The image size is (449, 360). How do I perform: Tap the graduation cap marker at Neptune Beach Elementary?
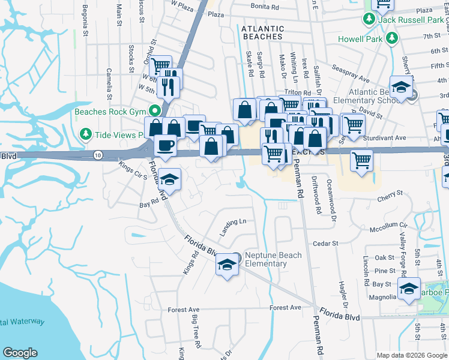point(227,264)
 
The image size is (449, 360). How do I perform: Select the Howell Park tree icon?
point(392,38)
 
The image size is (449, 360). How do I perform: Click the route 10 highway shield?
point(98,155)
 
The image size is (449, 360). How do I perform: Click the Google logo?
point(20,353)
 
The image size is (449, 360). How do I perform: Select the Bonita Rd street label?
point(266,7)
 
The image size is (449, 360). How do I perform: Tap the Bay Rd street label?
point(148,205)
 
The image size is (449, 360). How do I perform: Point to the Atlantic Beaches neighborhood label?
point(262,32)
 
